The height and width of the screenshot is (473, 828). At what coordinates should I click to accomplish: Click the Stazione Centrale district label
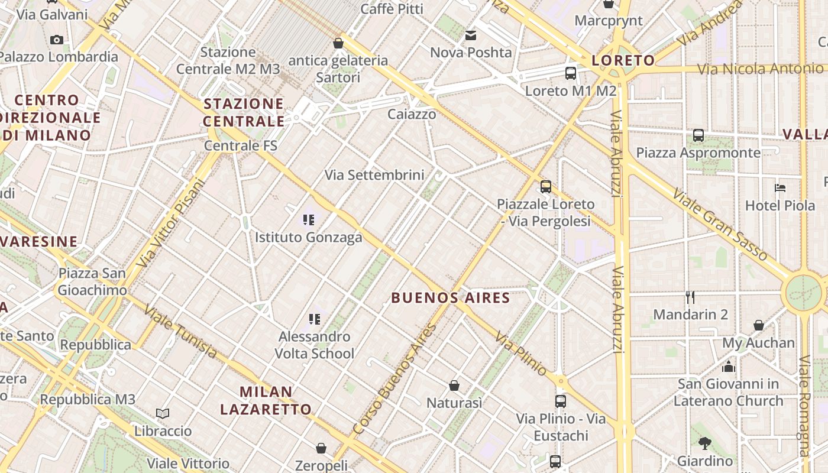pyautogui.click(x=244, y=112)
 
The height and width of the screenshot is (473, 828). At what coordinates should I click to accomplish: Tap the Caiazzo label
pyautogui.click(x=412, y=114)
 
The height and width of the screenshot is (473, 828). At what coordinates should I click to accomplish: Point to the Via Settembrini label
pyautogui.click(x=374, y=175)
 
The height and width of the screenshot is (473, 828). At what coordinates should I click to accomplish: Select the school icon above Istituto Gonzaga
pyautogui.click(x=308, y=221)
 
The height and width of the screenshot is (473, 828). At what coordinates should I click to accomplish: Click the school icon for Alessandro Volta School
pyautogui.click(x=315, y=319)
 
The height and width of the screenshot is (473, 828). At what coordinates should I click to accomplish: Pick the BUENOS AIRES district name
pyautogui.click(x=451, y=297)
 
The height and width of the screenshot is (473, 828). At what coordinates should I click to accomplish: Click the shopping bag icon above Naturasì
pyautogui.click(x=454, y=385)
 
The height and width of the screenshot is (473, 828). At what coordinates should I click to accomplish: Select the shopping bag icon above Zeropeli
pyautogui.click(x=321, y=448)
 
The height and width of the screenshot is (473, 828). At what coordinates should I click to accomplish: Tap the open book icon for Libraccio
pyautogui.click(x=163, y=413)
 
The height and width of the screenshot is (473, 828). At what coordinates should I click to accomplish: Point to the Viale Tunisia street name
pyautogui.click(x=180, y=332)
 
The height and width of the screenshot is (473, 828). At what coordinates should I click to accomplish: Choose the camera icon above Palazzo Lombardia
pyautogui.click(x=57, y=40)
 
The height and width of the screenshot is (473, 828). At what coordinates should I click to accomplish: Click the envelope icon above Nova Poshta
pyautogui.click(x=471, y=35)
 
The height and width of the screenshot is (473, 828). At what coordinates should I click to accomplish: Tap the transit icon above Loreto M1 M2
pyautogui.click(x=571, y=73)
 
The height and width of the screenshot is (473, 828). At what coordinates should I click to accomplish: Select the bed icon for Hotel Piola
pyautogui.click(x=780, y=188)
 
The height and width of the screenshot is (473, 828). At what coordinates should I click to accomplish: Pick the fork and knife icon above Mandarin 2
pyautogui.click(x=690, y=297)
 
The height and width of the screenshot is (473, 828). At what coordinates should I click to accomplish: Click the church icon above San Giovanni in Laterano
pyautogui.click(x=729, y=367)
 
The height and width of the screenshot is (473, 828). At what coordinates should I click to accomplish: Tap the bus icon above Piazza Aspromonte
pyautogui.click(x=698, y=135)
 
